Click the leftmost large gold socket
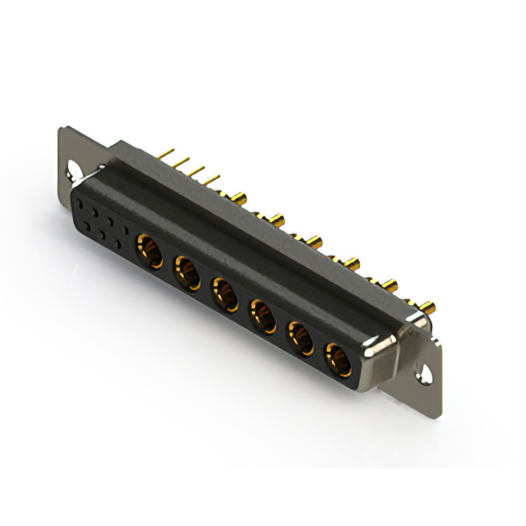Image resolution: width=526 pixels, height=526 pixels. coord(149,245)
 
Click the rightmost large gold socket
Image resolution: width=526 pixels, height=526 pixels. coord(337,358)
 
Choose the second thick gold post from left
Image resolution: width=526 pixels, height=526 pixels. coord(277,219)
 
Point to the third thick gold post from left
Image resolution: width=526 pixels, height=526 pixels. coord(315,242)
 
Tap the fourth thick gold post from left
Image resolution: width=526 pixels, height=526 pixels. coord(353,264)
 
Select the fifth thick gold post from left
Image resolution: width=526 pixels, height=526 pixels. coord(390,286)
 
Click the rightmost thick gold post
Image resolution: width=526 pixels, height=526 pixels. coord(427,307)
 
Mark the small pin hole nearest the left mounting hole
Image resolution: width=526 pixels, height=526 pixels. coord(81,200)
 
